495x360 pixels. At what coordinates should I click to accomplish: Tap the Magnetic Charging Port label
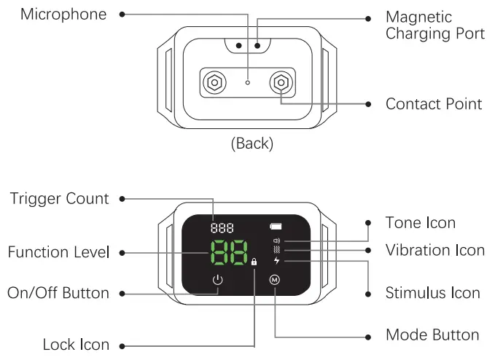(x=434, y=26)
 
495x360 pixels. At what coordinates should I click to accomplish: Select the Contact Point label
(x=433, y=104)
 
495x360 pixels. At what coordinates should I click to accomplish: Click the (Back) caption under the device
(x=252, y=144)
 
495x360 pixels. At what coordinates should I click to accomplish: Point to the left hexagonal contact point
(x=214, y=82)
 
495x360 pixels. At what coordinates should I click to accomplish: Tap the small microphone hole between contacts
(x=248, y=83)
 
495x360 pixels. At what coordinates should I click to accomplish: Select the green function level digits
(x=226, y=253)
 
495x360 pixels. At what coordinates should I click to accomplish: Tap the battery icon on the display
(x=276, y=226)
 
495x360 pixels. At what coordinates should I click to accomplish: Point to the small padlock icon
(x=254, y=262)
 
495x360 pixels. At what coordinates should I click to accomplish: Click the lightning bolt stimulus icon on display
(x=276, y=260)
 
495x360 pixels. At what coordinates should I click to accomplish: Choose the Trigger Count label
(x=59, y=199)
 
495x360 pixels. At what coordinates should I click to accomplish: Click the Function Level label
(x=58, y=253)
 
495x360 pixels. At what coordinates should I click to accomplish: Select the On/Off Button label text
(x=58, y=293)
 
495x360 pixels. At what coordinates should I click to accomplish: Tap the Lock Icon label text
(x=76, y=345)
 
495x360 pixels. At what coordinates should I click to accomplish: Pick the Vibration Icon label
(x=434, y=250)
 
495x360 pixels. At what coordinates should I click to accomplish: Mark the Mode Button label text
(x=432, y=335)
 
